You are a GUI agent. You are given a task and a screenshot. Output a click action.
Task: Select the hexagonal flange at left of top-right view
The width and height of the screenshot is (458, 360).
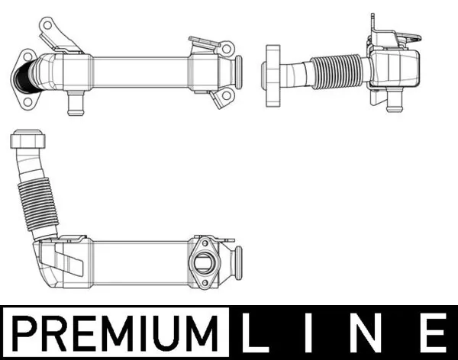click(272, 68)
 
